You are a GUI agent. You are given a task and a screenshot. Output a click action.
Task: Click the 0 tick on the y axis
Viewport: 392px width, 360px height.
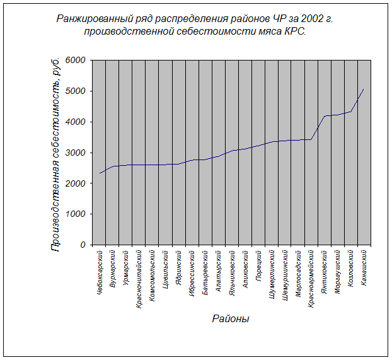[83, 245]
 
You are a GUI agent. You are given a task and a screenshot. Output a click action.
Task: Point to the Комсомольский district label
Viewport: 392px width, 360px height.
[153, 274]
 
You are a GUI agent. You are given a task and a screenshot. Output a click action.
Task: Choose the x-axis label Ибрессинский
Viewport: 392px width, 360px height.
[192, 272]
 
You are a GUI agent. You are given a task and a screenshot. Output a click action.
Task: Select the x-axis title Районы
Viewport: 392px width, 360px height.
[231, 319]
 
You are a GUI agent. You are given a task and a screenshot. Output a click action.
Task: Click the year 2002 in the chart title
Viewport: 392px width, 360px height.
[312, 19]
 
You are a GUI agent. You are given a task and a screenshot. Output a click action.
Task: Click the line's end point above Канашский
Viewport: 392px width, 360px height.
[364, 90]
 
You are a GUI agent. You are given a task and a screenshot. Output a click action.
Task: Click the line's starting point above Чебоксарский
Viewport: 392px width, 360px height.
[100, 173]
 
